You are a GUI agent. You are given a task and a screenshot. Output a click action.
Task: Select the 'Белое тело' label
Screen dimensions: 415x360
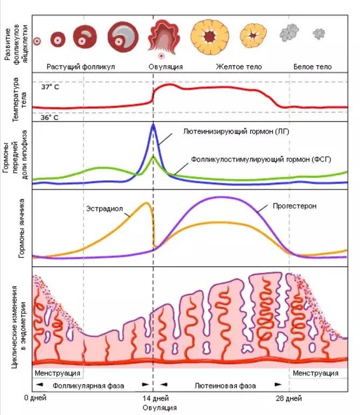[312, 67]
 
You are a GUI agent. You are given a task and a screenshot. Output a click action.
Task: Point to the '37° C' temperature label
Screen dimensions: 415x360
[50, 86]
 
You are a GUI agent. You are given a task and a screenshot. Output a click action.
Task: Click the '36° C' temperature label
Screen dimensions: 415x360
[50, 116]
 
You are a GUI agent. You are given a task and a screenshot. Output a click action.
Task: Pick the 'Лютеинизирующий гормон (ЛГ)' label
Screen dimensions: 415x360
[232, 131]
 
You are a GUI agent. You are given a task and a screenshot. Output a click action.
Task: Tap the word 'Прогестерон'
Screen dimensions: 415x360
[294, 206]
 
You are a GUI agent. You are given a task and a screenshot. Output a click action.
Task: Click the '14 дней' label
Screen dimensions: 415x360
[153, 398]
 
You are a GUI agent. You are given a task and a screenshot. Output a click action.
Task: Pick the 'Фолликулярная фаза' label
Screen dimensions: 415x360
[88, 386]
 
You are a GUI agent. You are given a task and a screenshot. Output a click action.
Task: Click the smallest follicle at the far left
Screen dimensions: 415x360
[37, 41]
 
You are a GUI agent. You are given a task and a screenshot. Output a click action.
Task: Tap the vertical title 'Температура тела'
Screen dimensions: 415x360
[16, 98]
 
